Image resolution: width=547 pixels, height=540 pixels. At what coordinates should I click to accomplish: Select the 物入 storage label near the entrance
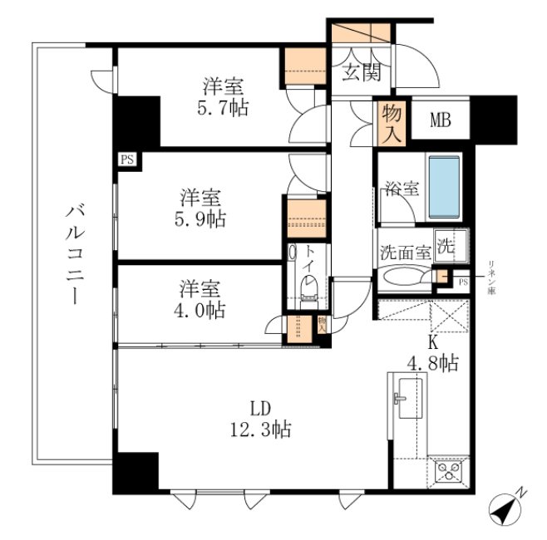391,123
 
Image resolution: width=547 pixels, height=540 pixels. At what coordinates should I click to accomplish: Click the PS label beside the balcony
127,159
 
